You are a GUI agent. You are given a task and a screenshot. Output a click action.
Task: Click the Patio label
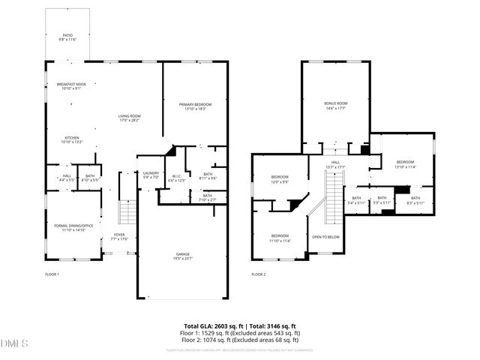(67, 36)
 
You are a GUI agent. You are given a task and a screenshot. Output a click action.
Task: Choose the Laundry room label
(151, 175)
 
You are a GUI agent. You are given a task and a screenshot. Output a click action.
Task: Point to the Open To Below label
(326, 237)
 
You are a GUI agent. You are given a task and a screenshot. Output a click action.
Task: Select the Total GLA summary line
(242, 325)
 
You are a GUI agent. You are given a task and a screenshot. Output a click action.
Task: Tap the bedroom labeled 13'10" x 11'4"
(405, 164)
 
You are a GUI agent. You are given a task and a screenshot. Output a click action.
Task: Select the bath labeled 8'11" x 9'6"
(208, 176)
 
